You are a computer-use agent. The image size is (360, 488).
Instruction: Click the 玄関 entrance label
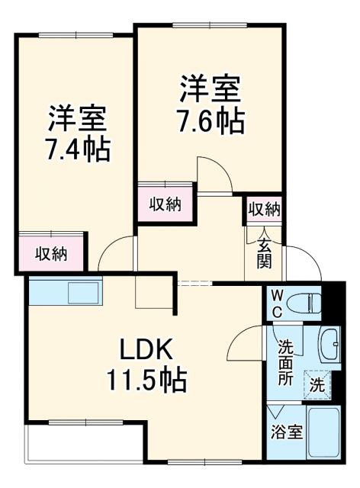pos(264,252)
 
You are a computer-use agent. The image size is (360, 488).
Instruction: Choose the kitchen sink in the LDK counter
pos(84,293)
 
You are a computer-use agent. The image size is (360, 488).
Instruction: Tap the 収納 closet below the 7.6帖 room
pos(164,204)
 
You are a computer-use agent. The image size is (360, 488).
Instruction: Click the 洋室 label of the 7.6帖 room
pos(211,89)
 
